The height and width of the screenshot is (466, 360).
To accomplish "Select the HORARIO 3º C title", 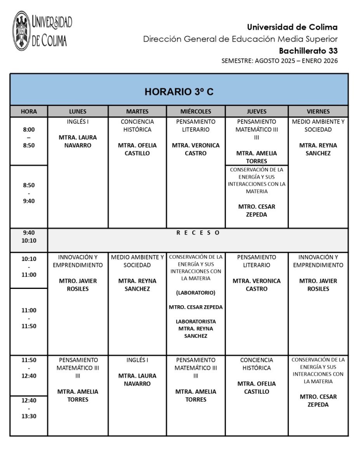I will [179, 92].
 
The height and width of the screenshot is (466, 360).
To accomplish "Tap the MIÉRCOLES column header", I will [196, 111].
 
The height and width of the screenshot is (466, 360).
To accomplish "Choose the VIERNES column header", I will [318, 111].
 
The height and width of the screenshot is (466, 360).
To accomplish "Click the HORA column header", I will [29, 111].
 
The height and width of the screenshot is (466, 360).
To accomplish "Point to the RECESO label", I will [198, 233].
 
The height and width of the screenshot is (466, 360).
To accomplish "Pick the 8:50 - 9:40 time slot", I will [29, 193].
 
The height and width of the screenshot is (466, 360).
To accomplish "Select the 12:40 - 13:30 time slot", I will [29, 408].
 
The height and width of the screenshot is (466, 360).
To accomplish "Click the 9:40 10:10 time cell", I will [29, 236].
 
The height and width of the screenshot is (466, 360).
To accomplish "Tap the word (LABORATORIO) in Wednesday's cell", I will [196, 292].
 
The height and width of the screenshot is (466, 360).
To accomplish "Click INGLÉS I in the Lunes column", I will [78, 122].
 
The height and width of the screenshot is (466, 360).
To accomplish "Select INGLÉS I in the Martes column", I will [137, 360].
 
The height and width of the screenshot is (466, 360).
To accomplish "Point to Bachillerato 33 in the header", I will [308, 50].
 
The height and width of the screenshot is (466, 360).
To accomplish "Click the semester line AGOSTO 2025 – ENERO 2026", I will [280, 61].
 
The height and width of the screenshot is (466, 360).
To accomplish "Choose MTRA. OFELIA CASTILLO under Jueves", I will [257, 388].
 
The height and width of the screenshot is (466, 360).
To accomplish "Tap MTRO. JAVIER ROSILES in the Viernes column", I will [318, 285].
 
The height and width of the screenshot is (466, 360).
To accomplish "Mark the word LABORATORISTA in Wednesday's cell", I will [196, 322].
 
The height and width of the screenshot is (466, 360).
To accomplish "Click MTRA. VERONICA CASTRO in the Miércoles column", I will [196, 149].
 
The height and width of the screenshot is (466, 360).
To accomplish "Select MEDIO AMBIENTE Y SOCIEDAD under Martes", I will [137, 261].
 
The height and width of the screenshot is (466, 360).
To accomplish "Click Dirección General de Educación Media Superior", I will [240, 39].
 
